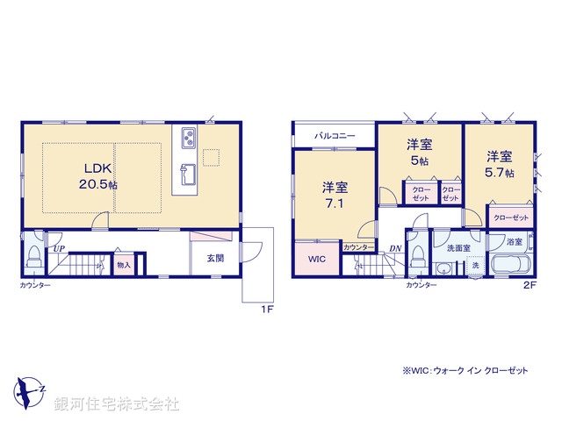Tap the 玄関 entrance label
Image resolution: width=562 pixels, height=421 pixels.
point(215,258)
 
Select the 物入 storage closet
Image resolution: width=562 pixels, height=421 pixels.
point(123,264)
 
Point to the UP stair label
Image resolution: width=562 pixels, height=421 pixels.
point(58,250)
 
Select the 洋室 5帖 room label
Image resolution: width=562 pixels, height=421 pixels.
point(418,153)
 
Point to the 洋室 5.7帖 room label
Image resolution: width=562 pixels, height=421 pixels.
point(501,165)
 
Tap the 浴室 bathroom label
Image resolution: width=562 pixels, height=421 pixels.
point(514,241)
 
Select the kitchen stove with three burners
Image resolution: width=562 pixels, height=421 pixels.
point(190,138)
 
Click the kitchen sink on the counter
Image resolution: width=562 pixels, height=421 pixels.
point(187,170)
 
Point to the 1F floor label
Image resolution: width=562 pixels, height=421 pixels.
point(263,310)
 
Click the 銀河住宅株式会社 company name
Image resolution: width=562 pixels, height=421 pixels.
point(117,404)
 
